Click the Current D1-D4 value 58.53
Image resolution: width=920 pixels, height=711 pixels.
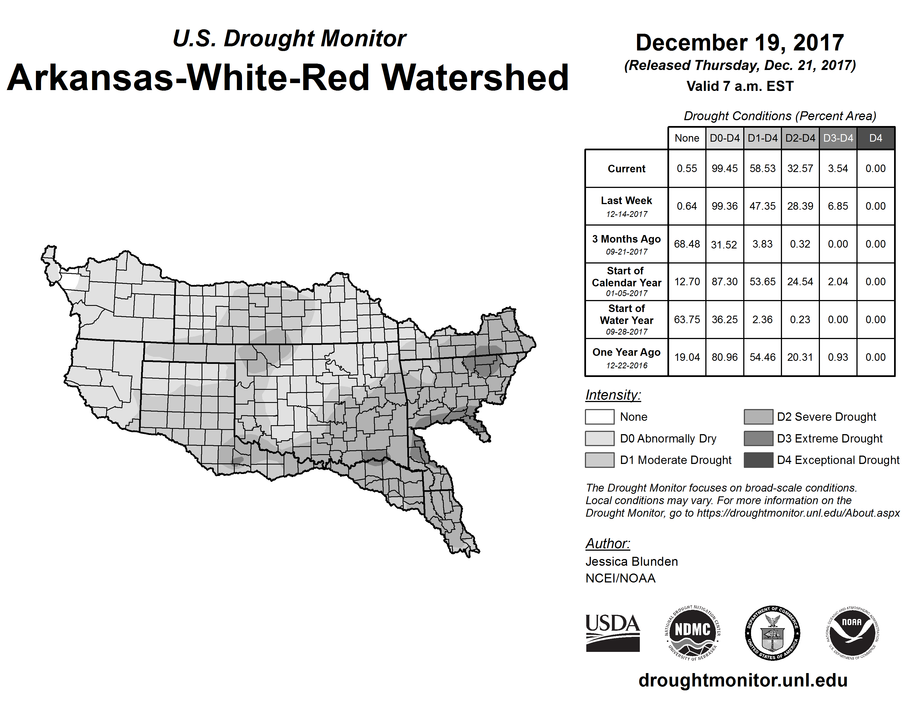pyautogui.click(x=762, y=168)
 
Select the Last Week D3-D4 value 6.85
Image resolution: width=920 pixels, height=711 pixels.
pyautogui.click(x=838, y=206)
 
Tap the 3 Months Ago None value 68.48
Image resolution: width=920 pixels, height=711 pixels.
pyautogui.click(x=687, y=244)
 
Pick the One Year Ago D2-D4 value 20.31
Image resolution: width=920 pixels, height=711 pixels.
pyautogui.click(x=800, y=357)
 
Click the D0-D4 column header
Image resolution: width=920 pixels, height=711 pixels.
pyautogui.click(x=725, y=138)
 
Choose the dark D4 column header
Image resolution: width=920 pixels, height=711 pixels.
pyautogui.click(x=875, y=138)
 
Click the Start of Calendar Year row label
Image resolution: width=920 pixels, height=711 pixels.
pyautogui.click(x=626, y=281)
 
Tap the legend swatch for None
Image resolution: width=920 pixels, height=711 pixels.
pyautogui.click(x=599, y=417)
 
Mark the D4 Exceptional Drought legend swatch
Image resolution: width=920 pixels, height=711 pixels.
pyautogui.click(x=758, y=460)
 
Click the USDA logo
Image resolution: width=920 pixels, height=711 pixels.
pyautogui.click(x=612, y=633)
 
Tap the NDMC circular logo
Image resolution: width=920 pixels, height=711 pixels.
pyautogui.click(x=693, y=633)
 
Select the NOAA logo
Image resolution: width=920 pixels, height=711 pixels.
pyautogui.click(x=852, y=633)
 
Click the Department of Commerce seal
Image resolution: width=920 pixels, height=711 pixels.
pyautogui.click(x=773, y=633)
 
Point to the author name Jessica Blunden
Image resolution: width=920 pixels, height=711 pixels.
pyautogui.click(x=631, y=562)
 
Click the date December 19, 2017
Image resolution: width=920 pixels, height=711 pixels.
pyautogui.click(x=740, y=43)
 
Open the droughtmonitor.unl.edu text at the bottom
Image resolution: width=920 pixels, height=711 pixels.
pyautogui.click(x=743, y=680)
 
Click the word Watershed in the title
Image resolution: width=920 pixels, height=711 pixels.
pyautogui.click(x=475, y=78)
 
